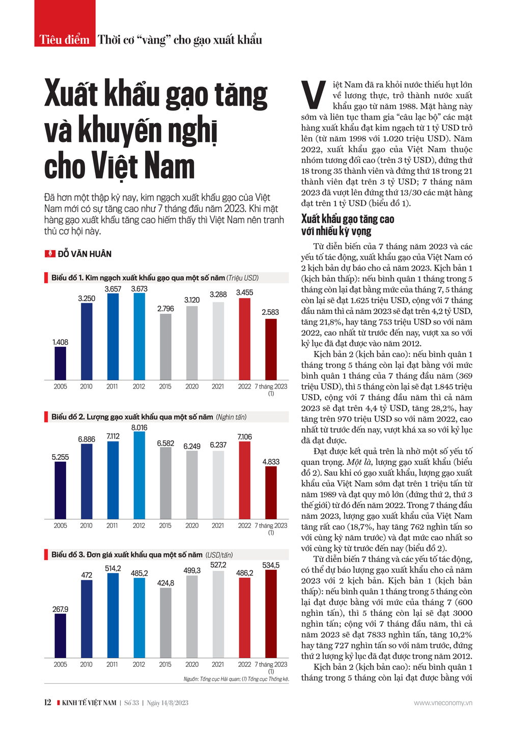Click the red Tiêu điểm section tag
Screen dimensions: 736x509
pyautogui.click(x=65, y=39)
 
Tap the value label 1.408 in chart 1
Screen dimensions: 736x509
pyautogui.click(x=60, y=342)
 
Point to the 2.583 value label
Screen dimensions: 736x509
pyautogui.click(x=270, y=312)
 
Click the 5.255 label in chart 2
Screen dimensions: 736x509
pyautogui.click(x=60, y=457)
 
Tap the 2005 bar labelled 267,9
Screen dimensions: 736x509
pyautogui.click(x=60, y=635)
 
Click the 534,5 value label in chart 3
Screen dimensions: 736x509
pyautogui.click(x=270, y=565)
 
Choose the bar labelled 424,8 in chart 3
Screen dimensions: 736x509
pyautogui.click(x=165, y=623)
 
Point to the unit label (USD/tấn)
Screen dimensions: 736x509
pyautogui.click(x=219, y=555)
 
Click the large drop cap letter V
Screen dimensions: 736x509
pyautogui.click(x=314, y=95)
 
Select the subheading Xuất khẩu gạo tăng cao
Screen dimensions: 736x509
pyautogui.click(x=348, y=219)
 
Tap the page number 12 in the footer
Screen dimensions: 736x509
pyautogui.click(x=48, y=702)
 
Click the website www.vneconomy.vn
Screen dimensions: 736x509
pyautogui.click(x=443, y=703)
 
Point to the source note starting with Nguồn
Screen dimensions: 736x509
pyautogui.click(x=236, y=679)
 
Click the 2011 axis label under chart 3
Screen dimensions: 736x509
pyautogui.click(x=112, y=664)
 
